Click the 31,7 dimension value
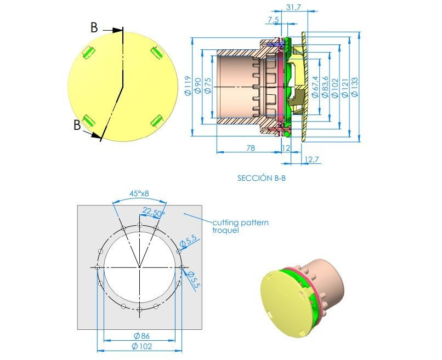point(293,7)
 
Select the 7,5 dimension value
point(273,20)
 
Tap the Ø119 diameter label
point(188,86)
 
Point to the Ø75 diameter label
point(207,85)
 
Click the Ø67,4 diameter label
point(315,87)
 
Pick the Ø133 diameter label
point(355,87)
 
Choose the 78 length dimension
point(251,148)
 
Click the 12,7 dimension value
point(311,159)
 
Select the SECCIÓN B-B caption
point(262,178)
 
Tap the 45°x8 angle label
point(139,193)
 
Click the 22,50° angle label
point(154,212)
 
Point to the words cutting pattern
point(240,222)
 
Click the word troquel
point(225,230)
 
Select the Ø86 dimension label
point(141,336)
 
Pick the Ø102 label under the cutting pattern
point(142,346)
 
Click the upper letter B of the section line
point(94,28)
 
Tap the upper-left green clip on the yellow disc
point(88,53)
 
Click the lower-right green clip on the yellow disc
point(157,122)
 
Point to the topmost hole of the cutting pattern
point(139,225)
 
